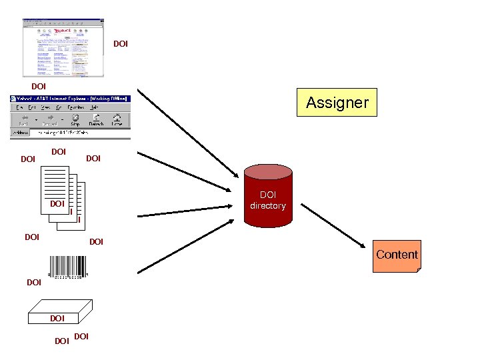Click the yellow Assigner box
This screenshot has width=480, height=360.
click(337, 103)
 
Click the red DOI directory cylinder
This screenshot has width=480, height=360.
click(267, 200)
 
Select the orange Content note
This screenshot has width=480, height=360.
click(397, 255)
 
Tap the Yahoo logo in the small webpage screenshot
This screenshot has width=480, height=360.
click(63, 31)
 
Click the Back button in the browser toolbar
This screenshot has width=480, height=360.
click(23, 119)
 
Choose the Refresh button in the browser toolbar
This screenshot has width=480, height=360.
click(96, 119)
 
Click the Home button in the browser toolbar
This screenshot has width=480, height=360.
click(117, 119)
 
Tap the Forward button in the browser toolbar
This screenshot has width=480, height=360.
click(50, 119)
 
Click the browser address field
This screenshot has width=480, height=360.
click(80, 133)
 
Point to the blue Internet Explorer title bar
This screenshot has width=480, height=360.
click(70, 99)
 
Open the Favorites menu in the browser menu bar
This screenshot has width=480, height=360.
click(75, 107)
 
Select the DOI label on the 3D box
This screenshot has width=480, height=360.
click(57, 319)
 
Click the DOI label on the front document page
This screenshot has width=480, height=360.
click(57, 203)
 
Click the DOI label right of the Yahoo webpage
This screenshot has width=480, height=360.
click(121, 45)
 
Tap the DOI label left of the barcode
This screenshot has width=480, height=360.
click(34, 283)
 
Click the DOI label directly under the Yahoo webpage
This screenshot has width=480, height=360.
click(39, 87)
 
